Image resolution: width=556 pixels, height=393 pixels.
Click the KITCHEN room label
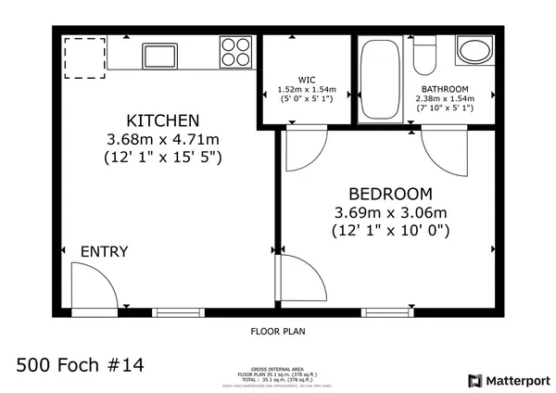pyautogui.click(x=163, y=120)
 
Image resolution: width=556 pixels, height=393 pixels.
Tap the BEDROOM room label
pyautogui.click(x=390, y=194)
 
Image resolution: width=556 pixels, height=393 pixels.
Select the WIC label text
pyautogui.click(x=307, y=79)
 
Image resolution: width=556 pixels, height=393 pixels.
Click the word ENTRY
pyautogui.click(x=104, y=252)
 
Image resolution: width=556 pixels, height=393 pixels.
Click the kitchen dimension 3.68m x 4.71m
pyautogui.click(x=163, y=139)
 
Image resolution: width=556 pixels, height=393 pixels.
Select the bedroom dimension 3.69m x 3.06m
pyautogui.click(x=390, y=212)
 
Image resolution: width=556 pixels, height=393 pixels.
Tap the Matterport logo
pyautogui.click(x=509, y=380)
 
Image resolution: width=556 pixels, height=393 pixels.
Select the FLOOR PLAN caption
pyautogui.click(x=278, y=331)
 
